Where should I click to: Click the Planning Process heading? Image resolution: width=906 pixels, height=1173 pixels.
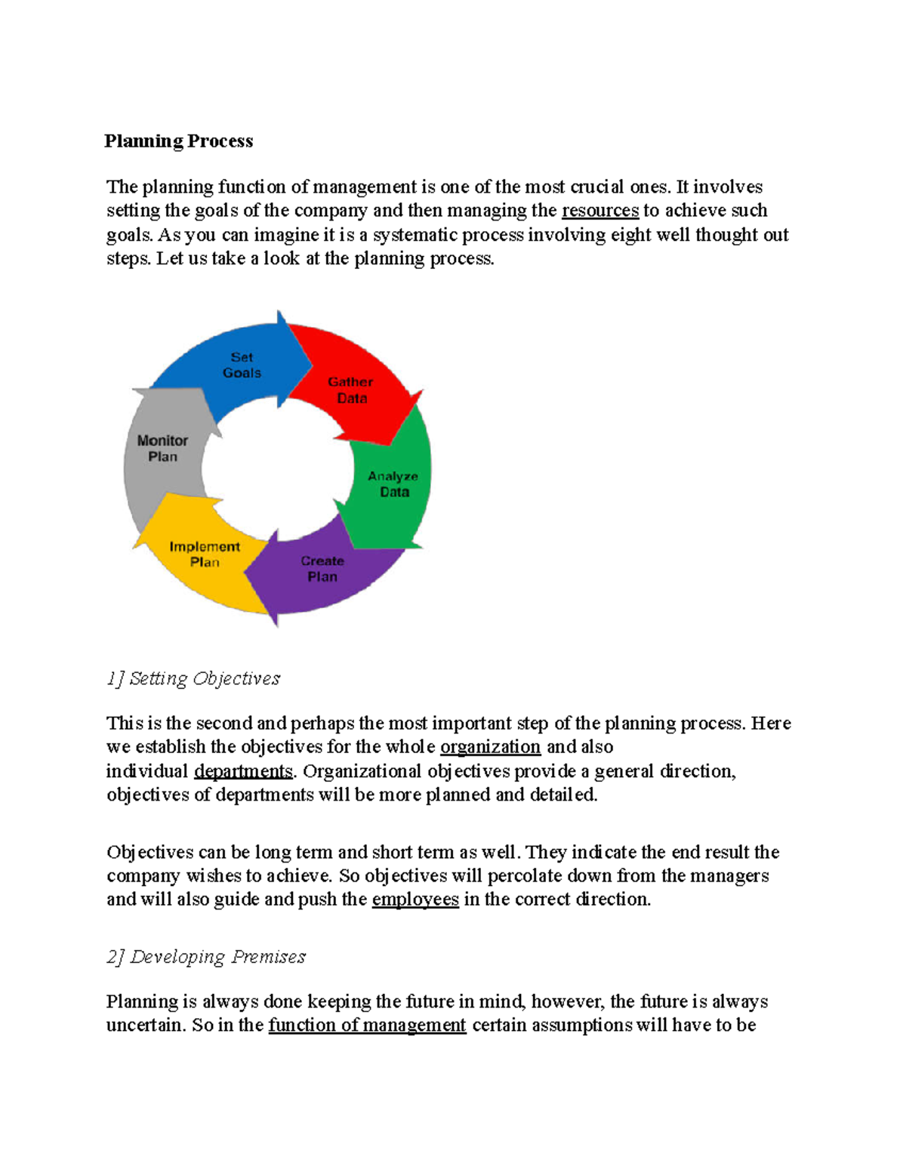(179, 141)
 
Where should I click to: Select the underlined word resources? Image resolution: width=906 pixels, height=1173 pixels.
(600, 210)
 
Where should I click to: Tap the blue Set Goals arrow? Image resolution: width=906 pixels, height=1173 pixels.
(242, 366)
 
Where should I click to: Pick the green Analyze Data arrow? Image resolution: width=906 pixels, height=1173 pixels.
(393, 484)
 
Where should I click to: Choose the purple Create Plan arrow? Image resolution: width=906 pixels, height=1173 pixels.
(322, 569)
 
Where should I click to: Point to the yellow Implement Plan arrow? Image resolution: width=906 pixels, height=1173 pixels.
(205, 554)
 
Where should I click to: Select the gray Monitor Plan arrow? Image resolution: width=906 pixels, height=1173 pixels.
(162, 448)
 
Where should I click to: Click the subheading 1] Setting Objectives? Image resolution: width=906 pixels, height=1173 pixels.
(193, 678)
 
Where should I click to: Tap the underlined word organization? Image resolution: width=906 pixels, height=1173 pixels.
(490, 747)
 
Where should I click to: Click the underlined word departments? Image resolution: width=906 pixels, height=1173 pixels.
(243, 771)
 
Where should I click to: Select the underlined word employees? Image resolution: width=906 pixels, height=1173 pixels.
(415, 900)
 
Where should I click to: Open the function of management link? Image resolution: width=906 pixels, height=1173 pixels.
(367, 1025)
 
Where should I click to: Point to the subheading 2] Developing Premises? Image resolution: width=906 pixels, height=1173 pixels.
(206, 957)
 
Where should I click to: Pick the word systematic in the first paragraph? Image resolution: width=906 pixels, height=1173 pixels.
(414, 235)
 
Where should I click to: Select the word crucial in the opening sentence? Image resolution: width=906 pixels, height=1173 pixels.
(597, 187)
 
